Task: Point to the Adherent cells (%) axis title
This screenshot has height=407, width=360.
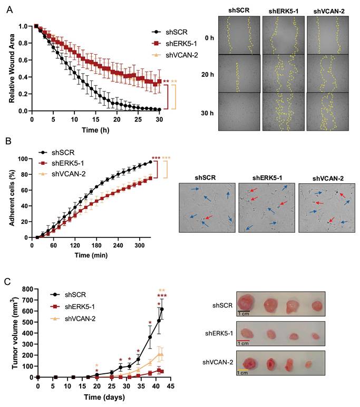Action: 11,197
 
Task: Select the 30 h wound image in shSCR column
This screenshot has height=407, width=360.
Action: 238,112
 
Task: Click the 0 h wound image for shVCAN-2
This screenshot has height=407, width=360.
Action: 328,37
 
